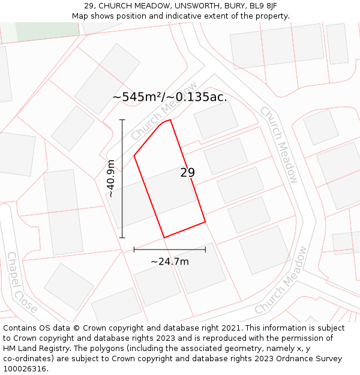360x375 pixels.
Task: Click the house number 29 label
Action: click(x=188, y=173)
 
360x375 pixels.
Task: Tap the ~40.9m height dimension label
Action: click(x=110, y=179)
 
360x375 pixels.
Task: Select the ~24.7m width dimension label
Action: click(x=169, y=262)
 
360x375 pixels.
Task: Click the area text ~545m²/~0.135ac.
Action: click(x=170, y=97)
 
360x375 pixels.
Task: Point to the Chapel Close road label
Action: click(x=22, y=283)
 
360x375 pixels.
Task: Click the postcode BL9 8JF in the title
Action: click(x=263, y=6)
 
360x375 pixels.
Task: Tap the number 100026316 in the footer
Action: click(x=25, y=369)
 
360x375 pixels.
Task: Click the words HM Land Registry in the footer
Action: click(x=37, y=349)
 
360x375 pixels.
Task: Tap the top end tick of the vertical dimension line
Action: click(x=122, y=120)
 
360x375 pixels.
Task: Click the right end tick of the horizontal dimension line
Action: click(x=206, y=249)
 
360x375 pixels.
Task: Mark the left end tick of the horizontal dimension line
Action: click(x=134, y=249)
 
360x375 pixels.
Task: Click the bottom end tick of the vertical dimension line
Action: click(x=122, y=238)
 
